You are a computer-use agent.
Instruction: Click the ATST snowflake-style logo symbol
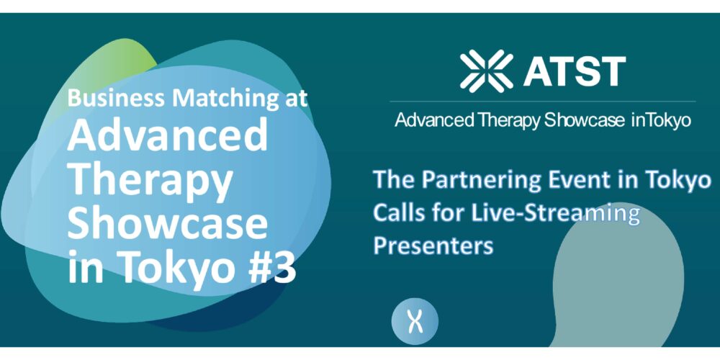(x=487, y=71)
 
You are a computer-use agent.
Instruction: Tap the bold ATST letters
(x=575, y=71)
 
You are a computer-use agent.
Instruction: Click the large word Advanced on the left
(x=168, y=134)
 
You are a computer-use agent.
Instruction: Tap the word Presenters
(x=433, y=246)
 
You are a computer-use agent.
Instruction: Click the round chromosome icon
(x=415, y=321)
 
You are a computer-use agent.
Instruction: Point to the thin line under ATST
(x=543, y=102)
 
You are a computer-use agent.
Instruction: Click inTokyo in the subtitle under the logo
(x=661, y=120)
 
